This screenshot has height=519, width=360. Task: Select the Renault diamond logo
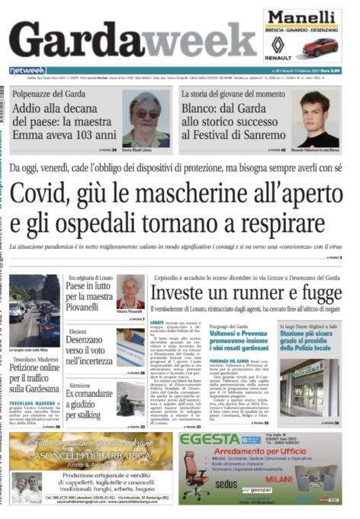tap(279, 44)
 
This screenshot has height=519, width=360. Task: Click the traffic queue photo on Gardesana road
tap(34, 309)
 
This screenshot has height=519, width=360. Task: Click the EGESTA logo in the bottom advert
tap(210, 440)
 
